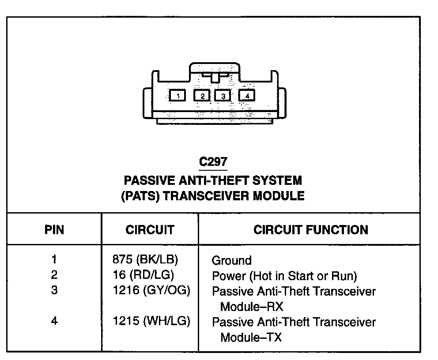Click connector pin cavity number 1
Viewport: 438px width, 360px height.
tap(177, 95)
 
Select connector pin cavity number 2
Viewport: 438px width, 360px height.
tap(202, 95)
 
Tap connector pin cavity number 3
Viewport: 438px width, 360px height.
tap(223, 95)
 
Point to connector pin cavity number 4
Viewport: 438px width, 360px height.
tap(247, 95)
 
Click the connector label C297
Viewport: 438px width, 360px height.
tap(213, 161)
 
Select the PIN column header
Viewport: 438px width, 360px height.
tap(54, 230)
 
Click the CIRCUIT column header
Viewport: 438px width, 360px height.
tap(150, 230)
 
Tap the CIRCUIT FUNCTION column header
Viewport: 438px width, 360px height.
tap(310, 230)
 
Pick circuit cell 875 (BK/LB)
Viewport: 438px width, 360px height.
tap(148, 259)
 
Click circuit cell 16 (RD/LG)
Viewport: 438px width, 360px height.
tap(143, 275)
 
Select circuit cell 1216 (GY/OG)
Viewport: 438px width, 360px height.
tap(151, 291)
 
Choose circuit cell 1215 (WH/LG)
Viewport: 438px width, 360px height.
tap(151, 321)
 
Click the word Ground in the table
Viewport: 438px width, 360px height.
tap(231, 260)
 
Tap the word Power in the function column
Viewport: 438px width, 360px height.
tap(229, 276)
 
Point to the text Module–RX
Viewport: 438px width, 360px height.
tap(251, 307)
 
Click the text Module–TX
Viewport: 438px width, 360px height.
tap(251, 337)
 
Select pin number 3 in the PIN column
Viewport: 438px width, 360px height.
tap(54, 291)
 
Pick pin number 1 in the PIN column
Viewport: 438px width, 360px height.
tap(54, 259)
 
